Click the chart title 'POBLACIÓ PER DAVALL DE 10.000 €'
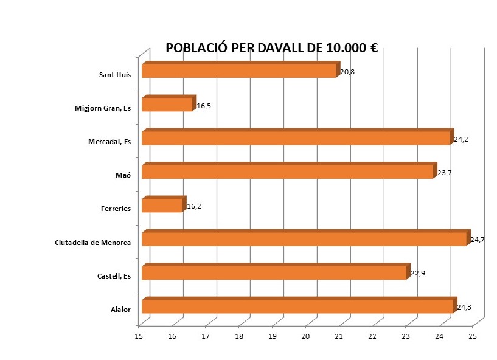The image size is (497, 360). point(272,49)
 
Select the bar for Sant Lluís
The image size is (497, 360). point(238,71)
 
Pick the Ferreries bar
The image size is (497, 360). point(162,206)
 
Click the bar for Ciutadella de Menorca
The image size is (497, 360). point(304,238)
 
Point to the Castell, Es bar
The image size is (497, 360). point(274,272)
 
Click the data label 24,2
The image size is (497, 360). point(461,139)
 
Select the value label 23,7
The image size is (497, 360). point(444,173)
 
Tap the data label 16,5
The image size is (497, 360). point(204,106)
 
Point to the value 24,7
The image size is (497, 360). point(477,240)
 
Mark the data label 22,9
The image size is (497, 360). point(417,274)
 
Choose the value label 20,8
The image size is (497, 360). point(347,72)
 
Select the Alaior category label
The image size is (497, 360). point(121,310)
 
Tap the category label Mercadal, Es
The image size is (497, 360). point(109,142)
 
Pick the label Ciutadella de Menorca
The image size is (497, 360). point(92,243)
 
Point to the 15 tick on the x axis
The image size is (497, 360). point(139,336)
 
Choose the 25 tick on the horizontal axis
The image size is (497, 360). point(473,336)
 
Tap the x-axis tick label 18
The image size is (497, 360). point(239,336)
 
